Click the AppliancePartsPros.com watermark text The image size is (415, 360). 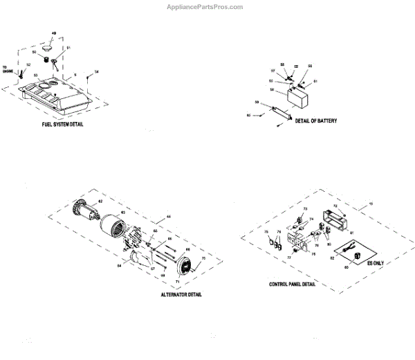pos(205,7)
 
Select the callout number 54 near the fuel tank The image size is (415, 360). pos(96,72)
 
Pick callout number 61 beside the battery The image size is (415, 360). pos(315,81)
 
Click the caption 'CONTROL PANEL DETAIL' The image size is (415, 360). pos(293,285)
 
